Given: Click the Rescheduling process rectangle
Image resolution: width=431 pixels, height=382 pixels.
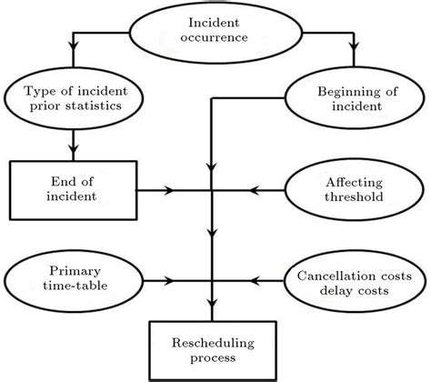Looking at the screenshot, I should coord(213,351).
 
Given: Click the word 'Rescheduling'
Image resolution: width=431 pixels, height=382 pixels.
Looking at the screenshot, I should coord(213,343).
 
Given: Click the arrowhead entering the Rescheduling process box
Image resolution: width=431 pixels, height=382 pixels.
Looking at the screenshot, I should coord(213,314).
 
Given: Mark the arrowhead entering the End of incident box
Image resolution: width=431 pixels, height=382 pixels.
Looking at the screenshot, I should coord(72,156).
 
